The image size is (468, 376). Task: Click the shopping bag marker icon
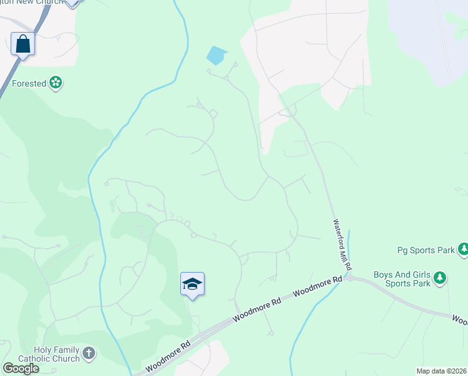coord(23,44)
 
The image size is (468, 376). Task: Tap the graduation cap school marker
coord(192,284)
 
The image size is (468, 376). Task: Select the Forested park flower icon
coord(56,82)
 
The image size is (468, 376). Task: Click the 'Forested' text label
coord(29,83)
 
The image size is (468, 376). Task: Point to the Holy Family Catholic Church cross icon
coord(89,353)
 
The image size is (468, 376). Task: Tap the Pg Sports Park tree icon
coord(464,250)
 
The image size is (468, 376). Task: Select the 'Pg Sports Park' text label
coord(426,250)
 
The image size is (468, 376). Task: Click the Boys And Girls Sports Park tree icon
coord(440,277)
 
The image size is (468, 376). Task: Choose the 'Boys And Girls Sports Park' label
coord(402,279)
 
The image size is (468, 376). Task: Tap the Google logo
coord(21,368)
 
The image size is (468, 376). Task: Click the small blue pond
coord(216,56)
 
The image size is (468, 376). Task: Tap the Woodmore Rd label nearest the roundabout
coord(317,287)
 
